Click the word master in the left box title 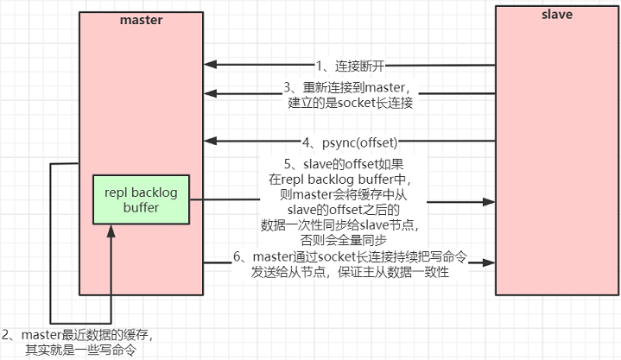click(141, 19)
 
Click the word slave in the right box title click(555, 16)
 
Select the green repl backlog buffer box click(143, 199)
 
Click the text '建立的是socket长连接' click(351, 103)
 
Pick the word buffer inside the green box click(143, 208)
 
